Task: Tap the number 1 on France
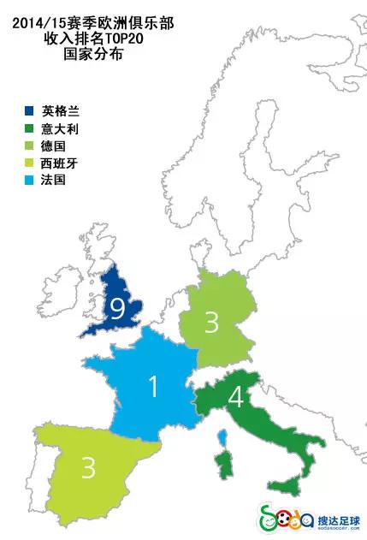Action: coord(153,387)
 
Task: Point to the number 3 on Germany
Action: coord(211,323)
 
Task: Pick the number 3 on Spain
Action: coord(88,468)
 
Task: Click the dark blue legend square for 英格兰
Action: coord(29,110)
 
